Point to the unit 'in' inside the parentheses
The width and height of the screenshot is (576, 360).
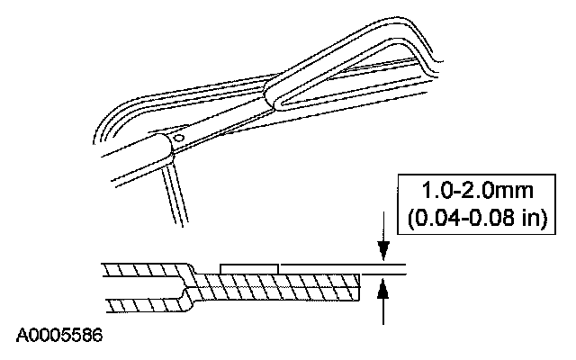coord(535,219)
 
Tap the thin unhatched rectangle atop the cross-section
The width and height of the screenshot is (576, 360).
coord(249,268)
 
